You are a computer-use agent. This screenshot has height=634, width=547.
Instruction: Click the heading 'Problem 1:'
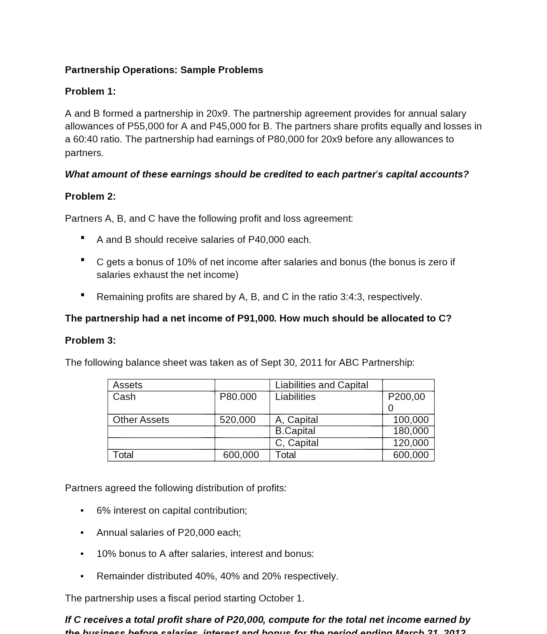pos(90,91)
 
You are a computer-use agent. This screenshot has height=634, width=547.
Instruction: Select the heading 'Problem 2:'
pos(90,196)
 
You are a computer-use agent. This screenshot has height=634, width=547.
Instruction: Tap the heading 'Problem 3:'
pos(90,340)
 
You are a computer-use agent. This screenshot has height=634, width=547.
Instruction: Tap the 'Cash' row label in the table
pos(124,397)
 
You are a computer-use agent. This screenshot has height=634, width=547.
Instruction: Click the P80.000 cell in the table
pos(238,397)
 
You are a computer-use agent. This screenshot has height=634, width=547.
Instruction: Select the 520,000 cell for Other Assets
pos(237,420)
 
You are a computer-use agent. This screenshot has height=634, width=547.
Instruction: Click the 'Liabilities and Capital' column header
pos(321,385)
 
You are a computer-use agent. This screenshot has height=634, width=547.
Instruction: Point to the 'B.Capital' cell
pos(295,431)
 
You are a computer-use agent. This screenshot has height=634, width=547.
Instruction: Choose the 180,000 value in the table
pos(411,431)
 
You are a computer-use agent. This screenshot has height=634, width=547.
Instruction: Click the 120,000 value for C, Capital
pos(411,443)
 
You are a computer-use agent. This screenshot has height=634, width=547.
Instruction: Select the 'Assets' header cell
pos(127,385)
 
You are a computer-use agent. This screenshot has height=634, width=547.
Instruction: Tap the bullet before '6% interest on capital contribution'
pos(82,511)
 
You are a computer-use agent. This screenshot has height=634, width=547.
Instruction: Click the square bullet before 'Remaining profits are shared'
pos(83,295)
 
